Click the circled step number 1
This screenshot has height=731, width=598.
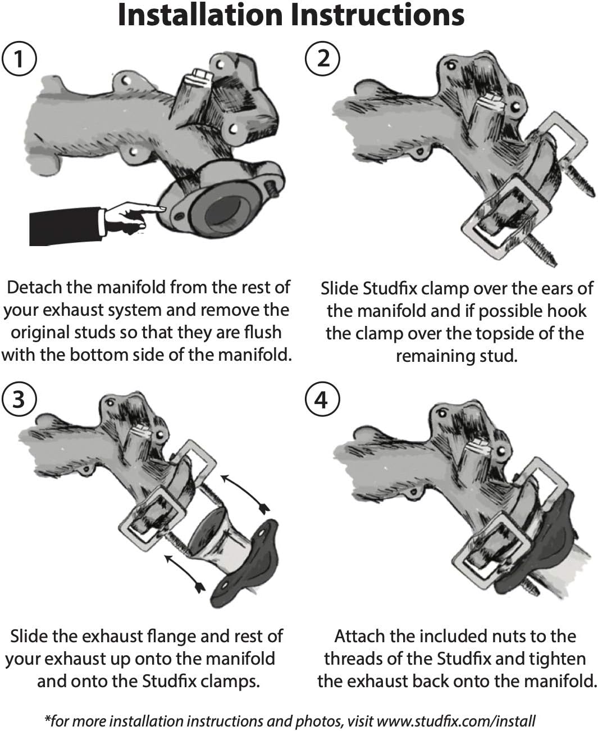pyautogui.click(x=20, y=58)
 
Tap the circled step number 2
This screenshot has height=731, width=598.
pyautogui.click(x=323, y=58)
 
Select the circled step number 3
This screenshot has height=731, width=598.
pyautogui.click(x=20, y=399)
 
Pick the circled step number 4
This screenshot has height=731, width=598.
pyautogui.click(x=321, y=400)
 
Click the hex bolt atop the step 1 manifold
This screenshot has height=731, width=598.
pyautogui.click(x=200, y=77)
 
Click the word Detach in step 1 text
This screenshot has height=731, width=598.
pyautogui.click(x=34, y=287)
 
